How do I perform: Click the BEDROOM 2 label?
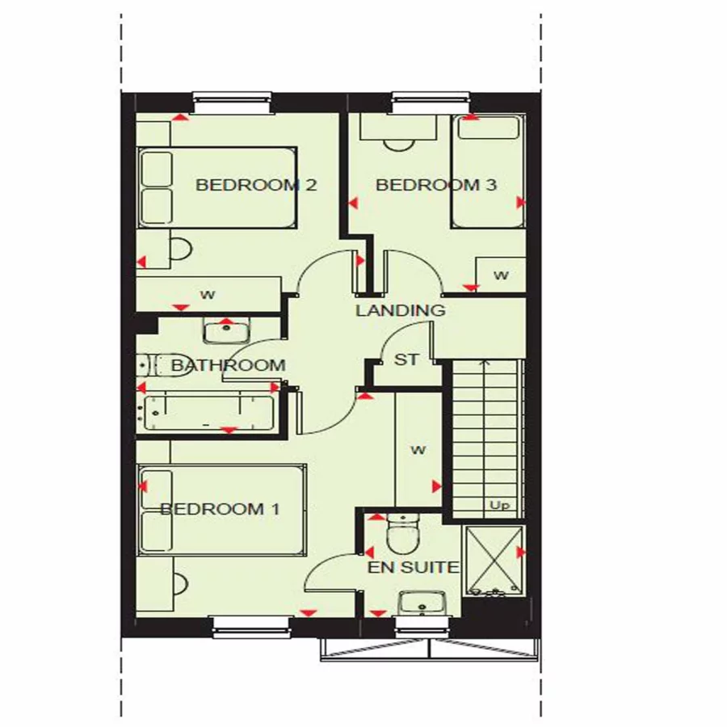(255, 185)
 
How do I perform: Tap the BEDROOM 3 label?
(436, 185)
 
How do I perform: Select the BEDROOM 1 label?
(220, 509)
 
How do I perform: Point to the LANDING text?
(400, 310)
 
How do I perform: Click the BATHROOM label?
(229, 365)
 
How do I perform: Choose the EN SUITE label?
(414, 568)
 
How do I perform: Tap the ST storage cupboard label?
(406, 359)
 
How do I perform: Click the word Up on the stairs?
(498, 506)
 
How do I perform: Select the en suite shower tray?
(493, 561)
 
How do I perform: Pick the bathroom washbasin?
(225, 332)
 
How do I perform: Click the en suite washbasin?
(421, 603)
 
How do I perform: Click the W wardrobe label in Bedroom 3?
(501, 275)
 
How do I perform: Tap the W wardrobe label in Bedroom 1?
(418, 450)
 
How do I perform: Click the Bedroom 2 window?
(232, 103)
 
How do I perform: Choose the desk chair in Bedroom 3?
(398, 142)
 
